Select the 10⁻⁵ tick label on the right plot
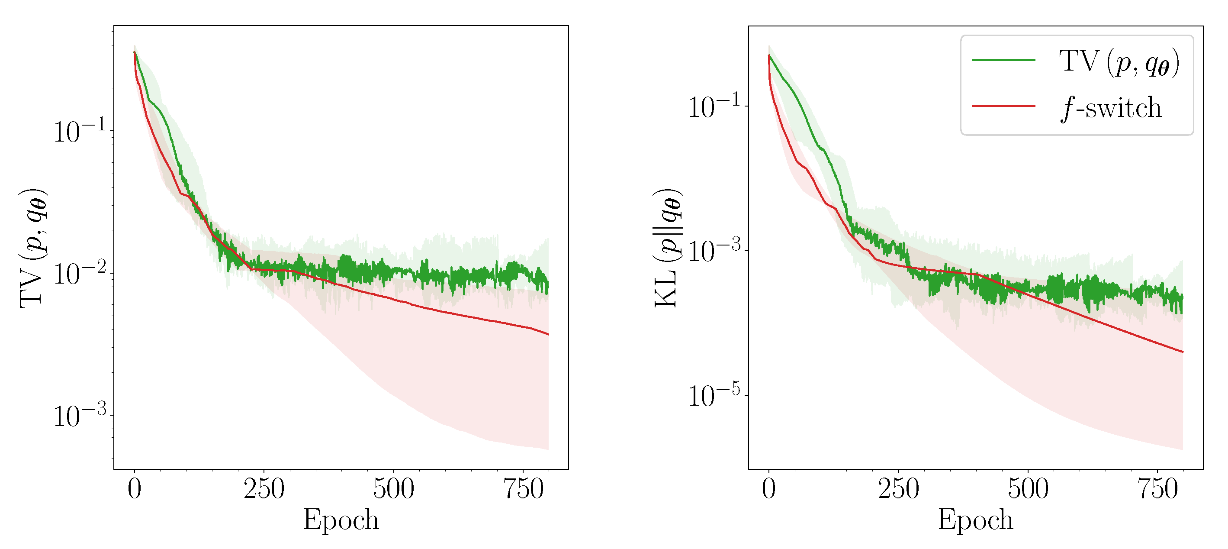pyautogui.click(x=714, y=395)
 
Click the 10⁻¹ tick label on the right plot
pyautogui.click(x=714, y=107)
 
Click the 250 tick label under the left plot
pyautogui.click(x=264, y=489)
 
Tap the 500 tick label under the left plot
pyautogui.click(x=393, y=489)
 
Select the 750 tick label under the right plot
pyautogui.click(x=1157, y=489)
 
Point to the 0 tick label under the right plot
pyautogui.click(x=768, y=489)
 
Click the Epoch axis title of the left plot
pyautogui.click(x=341, y=520)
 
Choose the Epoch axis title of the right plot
pyautogui.click(x=975, y=520)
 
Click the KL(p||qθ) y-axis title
pyautogui.click(x=667, y=248)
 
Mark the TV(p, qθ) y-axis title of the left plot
pyautogui.click(x=33, y=248)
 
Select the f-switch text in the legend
pyautogui.click(x=1111, y=108)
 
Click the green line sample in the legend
pyautogui.click(x=1003, y=60)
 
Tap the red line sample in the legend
pyautogui.click(x=1003, y=106)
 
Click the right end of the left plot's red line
pyautogui.click(x=548, y=334)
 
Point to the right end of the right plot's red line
pyautogui.click(x=1183, y=352)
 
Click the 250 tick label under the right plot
pyautogui.click(x=898, y=489)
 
